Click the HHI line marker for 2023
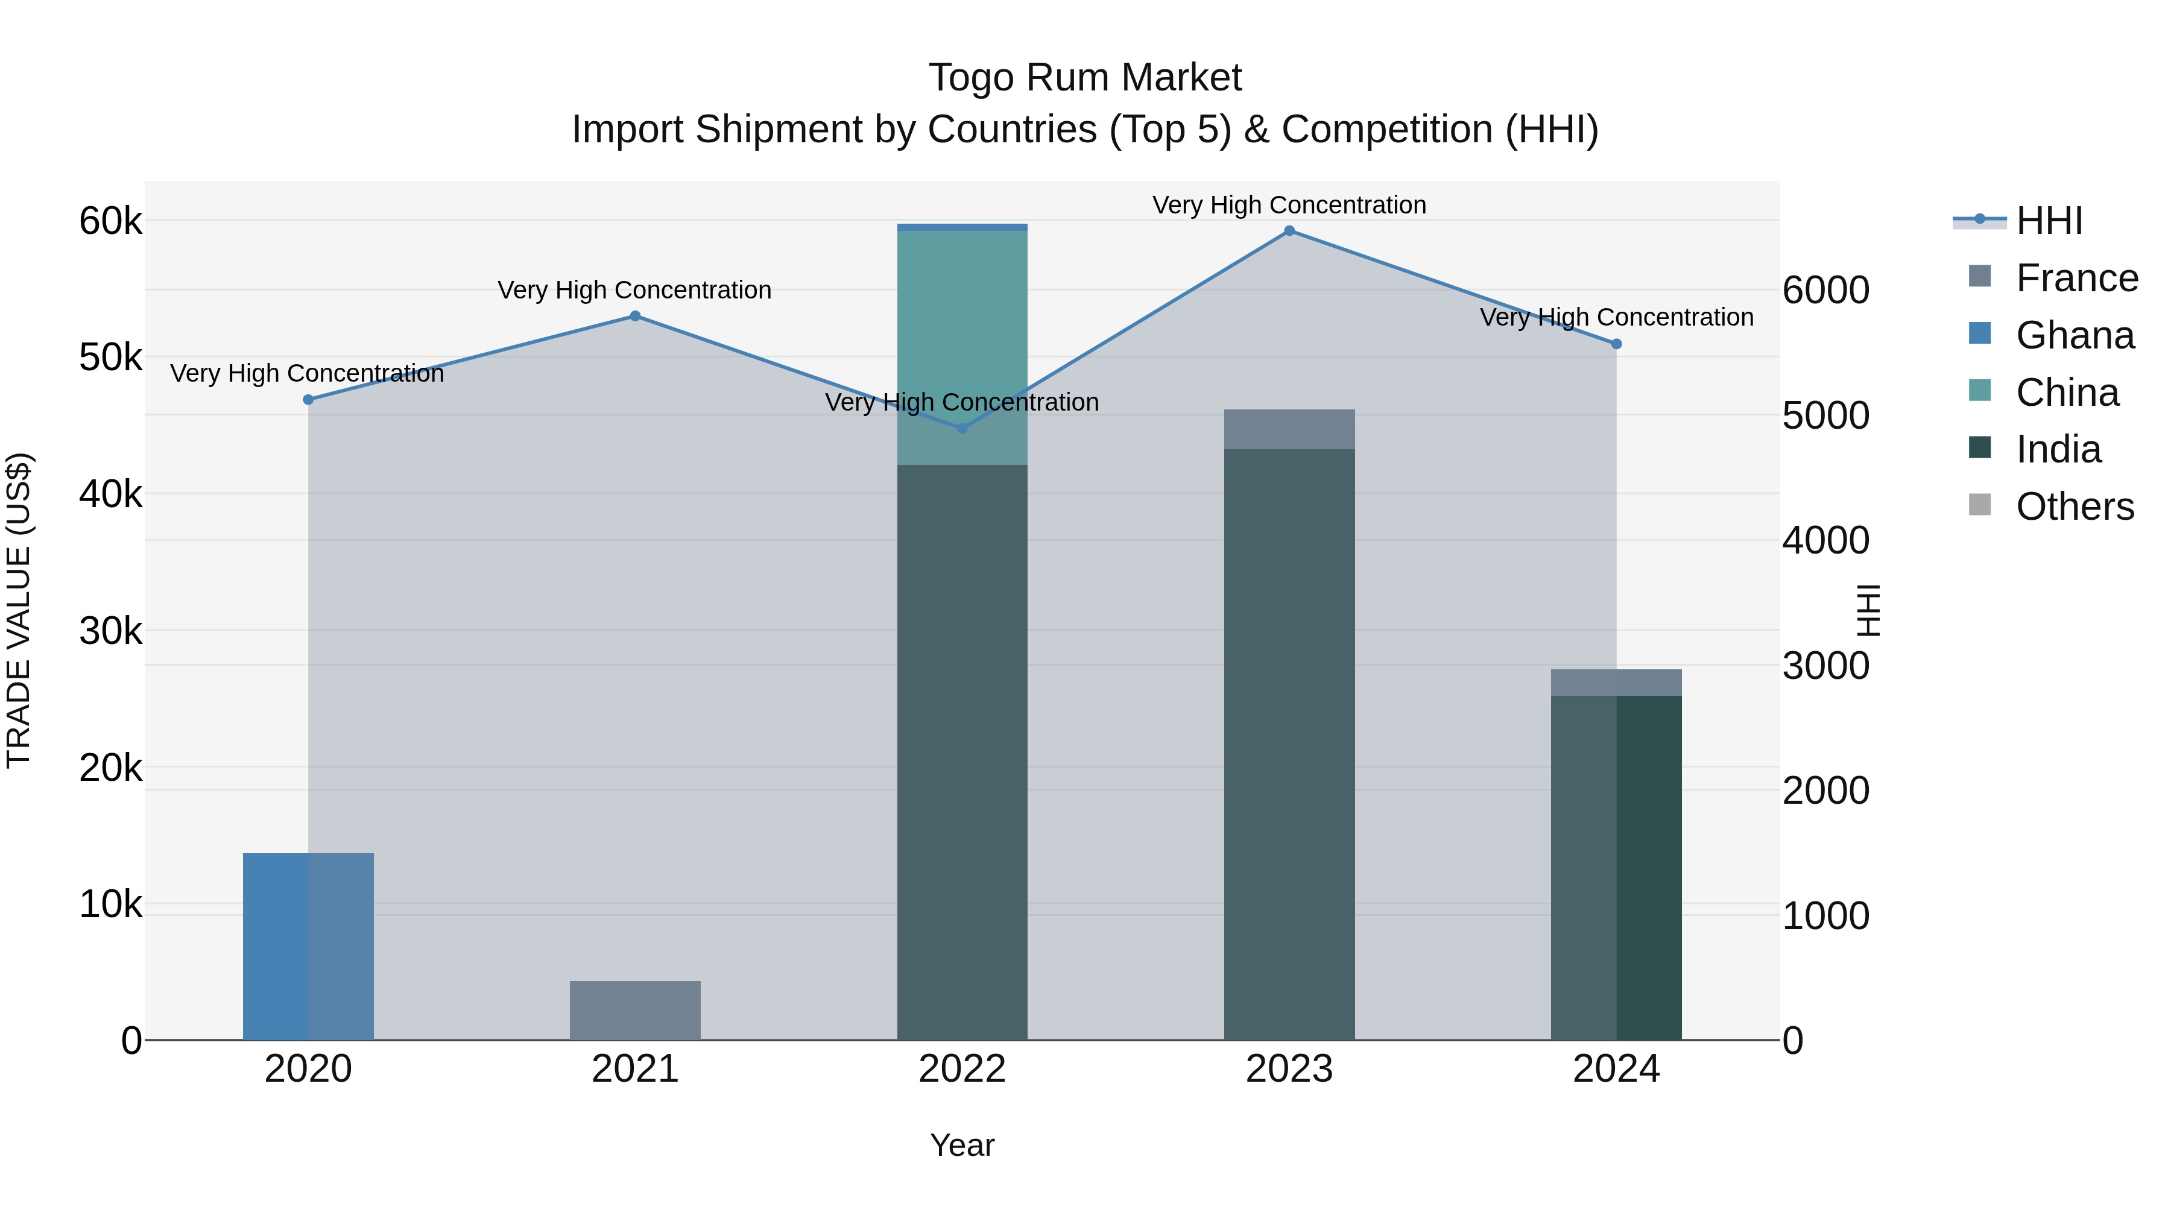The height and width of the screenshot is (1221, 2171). (1289, 231)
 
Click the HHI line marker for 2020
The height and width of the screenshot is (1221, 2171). (308, 399)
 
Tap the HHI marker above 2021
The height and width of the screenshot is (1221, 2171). (636, 316)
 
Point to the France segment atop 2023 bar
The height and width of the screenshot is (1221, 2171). (1289, 429)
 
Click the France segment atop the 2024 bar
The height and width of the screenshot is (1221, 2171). (1616, 682)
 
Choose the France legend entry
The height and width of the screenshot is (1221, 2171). (2076, 278)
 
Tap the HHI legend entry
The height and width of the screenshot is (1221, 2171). (2048, 221)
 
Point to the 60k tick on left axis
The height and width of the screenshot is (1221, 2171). (110, 222)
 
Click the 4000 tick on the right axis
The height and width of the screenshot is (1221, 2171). (1825, 540)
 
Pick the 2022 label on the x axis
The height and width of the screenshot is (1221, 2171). (962, 1069)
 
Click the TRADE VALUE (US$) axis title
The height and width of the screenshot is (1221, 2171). (19, 610)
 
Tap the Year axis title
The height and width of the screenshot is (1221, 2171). (962, 1145)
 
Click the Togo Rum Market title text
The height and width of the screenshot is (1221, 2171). (1085, 78)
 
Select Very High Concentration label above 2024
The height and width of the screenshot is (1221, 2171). (1616, 318)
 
